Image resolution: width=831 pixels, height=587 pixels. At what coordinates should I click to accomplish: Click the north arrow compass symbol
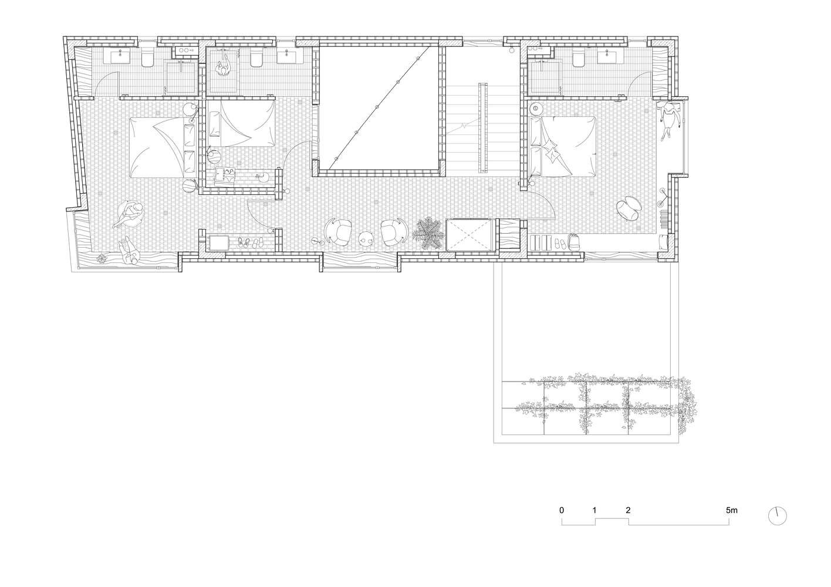point(777,516)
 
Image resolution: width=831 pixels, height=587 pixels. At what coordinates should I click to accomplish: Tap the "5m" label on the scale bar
point(732,510)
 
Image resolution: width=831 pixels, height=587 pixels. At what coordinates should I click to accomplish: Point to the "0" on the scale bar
point(562,510)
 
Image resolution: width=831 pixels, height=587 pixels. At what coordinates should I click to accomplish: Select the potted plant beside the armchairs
point(430,232)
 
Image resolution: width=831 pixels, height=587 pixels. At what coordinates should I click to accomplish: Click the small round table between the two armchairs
point(367,238)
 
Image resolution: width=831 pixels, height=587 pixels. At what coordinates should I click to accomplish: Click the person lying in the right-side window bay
point(670,120)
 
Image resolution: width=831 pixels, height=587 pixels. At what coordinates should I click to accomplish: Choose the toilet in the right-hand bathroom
point(578,59)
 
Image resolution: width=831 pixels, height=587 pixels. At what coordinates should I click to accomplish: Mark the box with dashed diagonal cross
point(469,235)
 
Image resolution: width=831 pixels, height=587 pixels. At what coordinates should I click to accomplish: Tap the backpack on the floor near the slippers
point(573,242)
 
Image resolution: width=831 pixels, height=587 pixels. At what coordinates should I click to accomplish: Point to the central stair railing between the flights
point(482,128)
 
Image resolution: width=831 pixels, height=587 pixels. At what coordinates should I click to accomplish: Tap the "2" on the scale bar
point(628,510)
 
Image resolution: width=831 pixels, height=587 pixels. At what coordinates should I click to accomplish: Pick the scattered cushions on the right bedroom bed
point(552,153)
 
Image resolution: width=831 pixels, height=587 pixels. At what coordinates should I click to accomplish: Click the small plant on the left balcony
point(102,259)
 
